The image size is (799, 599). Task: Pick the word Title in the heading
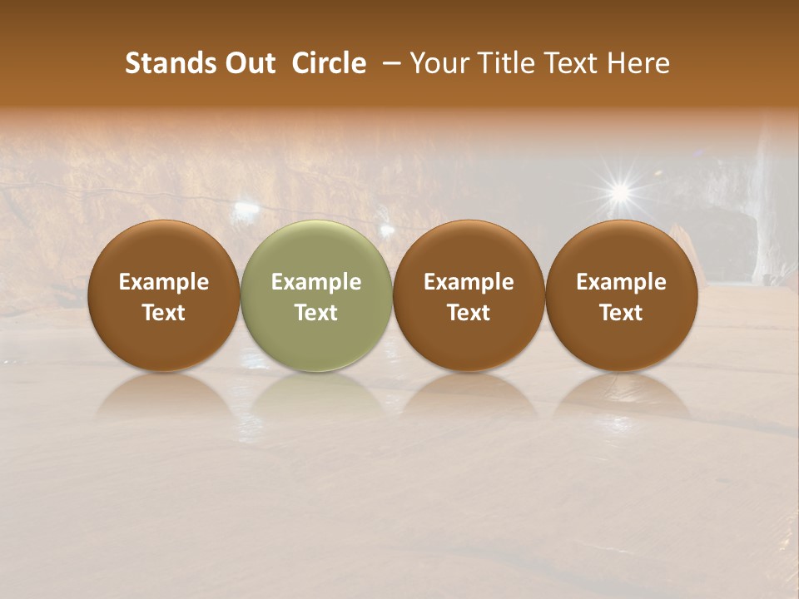click(x=506, y=63)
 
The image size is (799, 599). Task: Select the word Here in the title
click(x=642, y=63)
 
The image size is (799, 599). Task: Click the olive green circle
click(x=316, y=250)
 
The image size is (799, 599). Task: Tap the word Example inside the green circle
click(x=316, y=282)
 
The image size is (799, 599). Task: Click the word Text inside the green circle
click(x=316, y=313)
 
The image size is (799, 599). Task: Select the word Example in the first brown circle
click(x=164, y=282)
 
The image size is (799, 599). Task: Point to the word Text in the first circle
click(x=164, y=313)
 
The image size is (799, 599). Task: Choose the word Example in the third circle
click(x=469, y=282)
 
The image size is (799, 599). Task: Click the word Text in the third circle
click(x=469, y=313)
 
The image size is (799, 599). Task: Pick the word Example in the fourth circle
click(x=621, y=282)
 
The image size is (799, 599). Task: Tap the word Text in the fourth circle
click(x=621, y=313)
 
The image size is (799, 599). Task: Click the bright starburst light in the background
click(x=619, y=193)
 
